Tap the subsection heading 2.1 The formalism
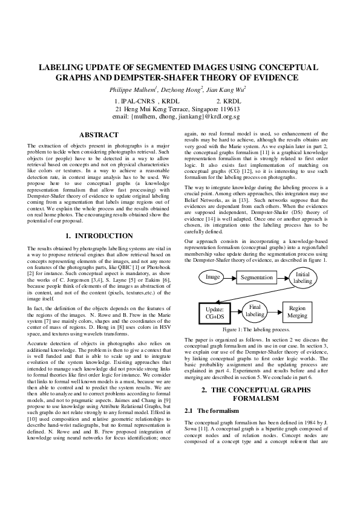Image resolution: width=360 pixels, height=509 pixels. [x=209, y=411]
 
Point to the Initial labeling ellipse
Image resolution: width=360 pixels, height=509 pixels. [x=303, y=277]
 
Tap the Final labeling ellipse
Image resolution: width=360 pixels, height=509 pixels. [x=255, y=310]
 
